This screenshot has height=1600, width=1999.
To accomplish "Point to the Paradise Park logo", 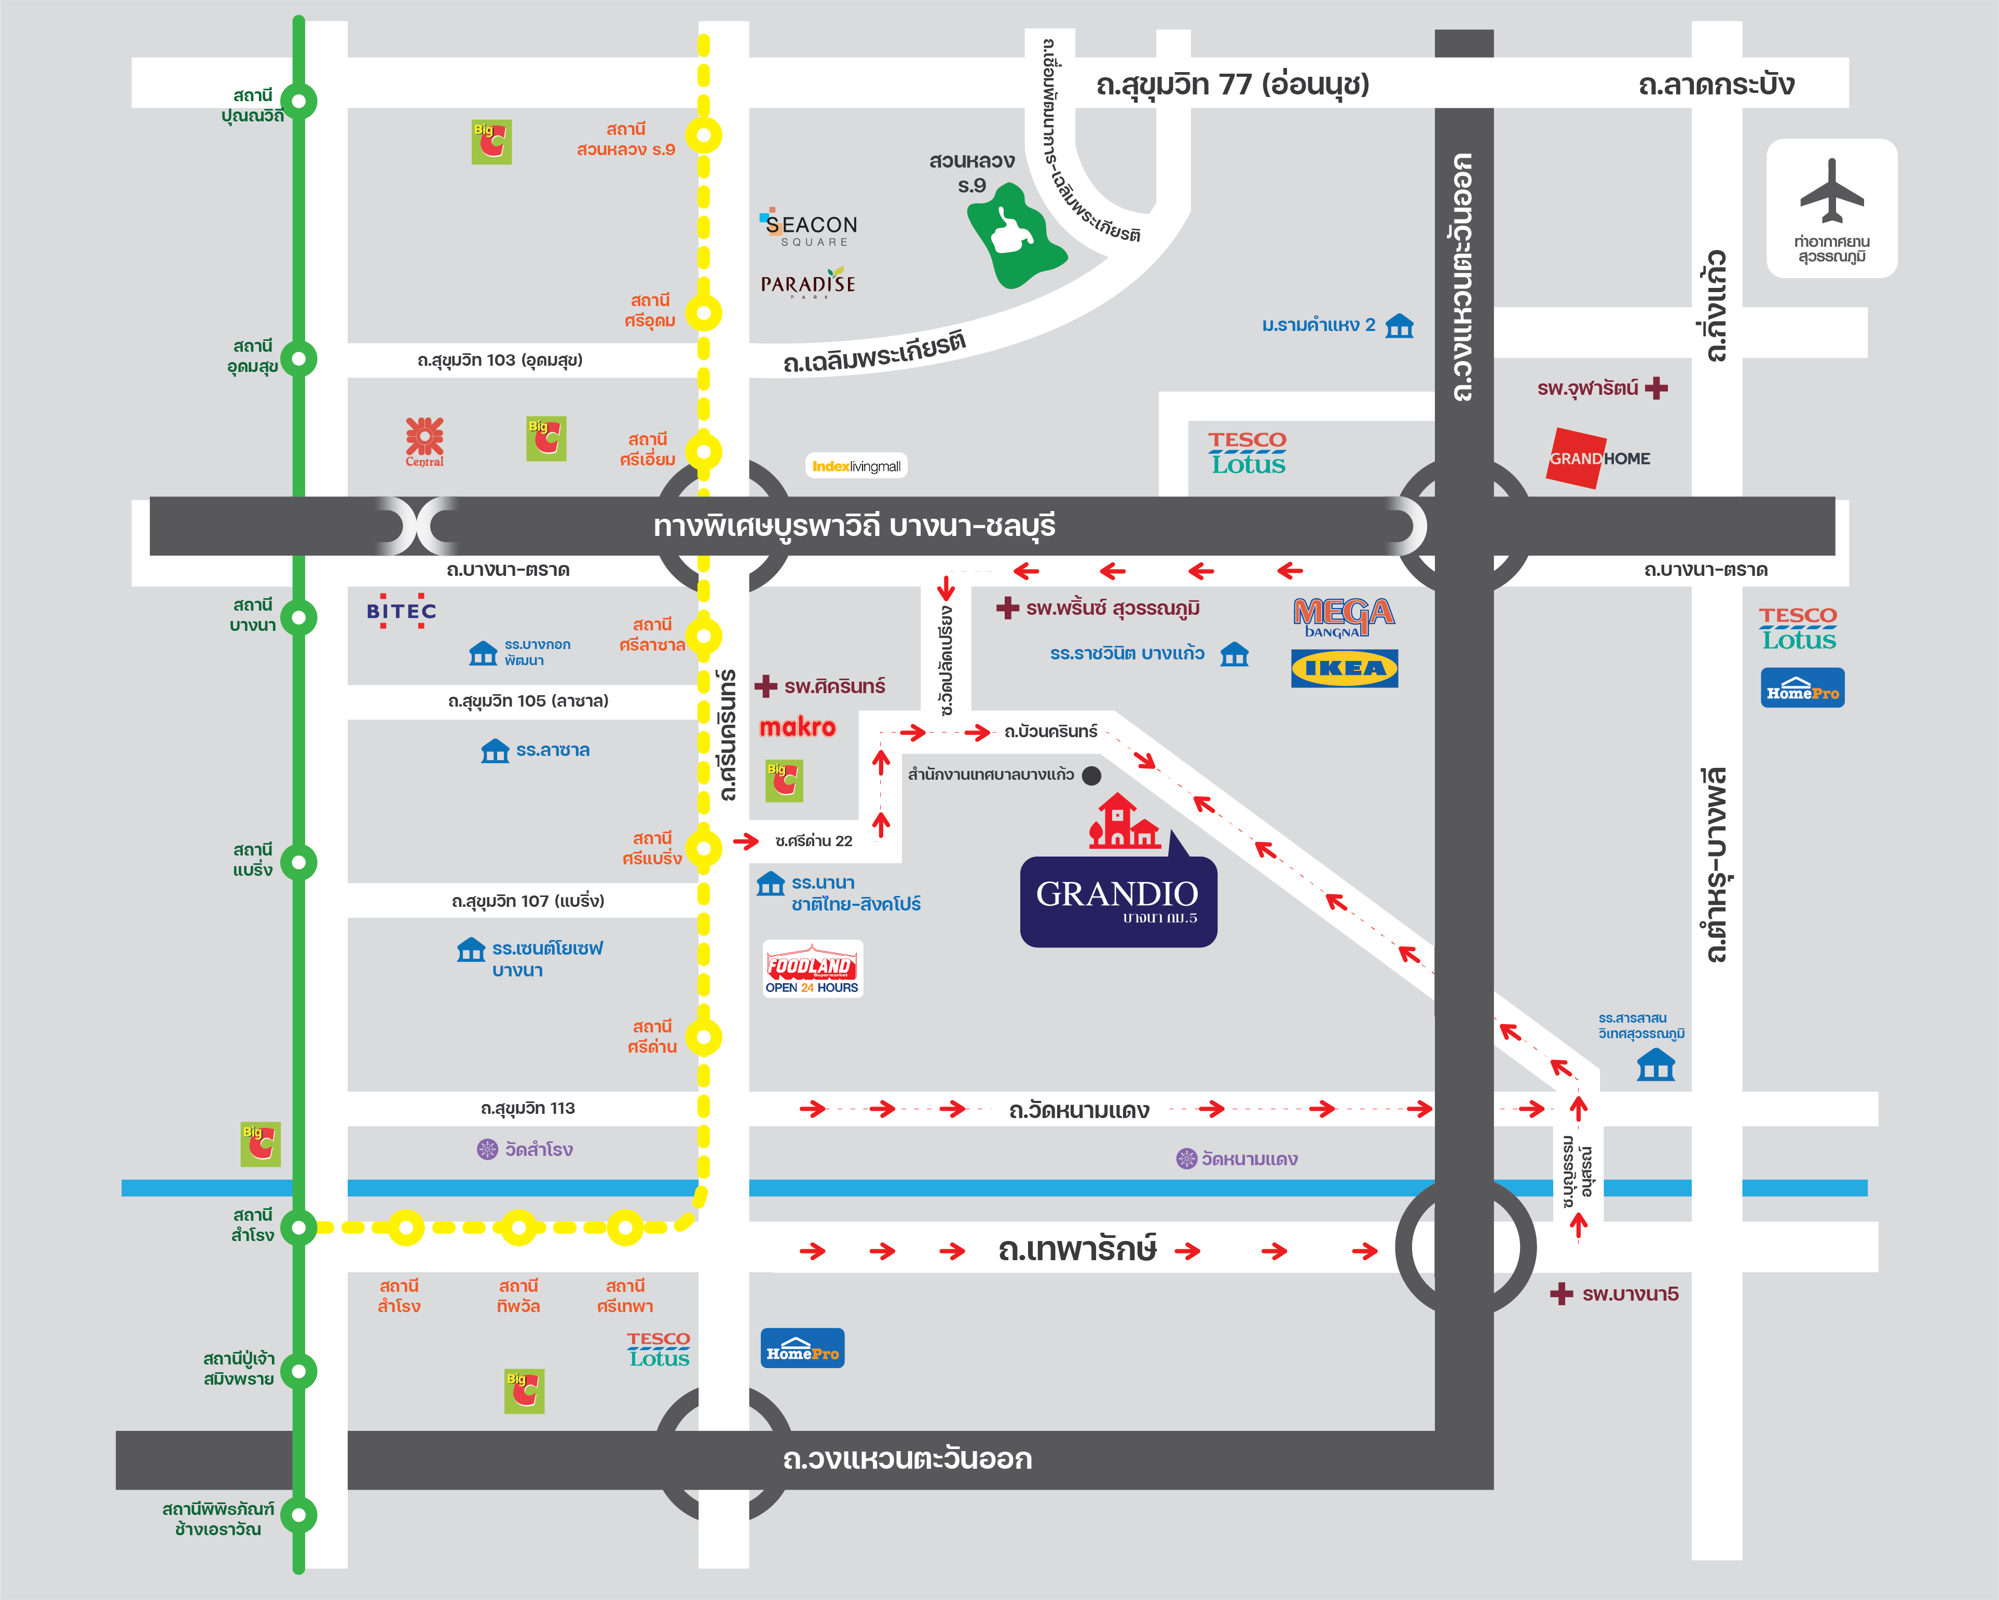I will [x=807, y=284].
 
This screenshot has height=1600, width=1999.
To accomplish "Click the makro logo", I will [x=798, y=728].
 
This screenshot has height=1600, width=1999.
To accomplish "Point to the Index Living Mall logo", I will [x=856, y=466].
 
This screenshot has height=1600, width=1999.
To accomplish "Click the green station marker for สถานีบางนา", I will [x=298, y=617].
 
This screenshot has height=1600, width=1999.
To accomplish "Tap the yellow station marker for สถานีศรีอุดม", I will [x=704, y=312].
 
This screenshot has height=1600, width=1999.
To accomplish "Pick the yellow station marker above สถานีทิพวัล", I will [x=518, y=1227].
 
